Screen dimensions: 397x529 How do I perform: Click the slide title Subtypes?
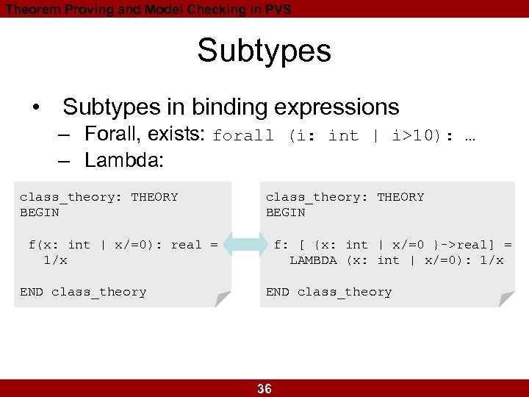tap(264, 51)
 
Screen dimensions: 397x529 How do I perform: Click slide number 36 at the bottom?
tap(264, 389)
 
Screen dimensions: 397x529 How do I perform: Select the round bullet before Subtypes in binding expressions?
tap(36, 107)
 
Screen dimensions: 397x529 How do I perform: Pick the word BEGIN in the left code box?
tap(40, 212)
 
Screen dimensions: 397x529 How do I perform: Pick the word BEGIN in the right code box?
tap(285, 212)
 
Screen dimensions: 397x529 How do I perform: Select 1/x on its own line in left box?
tap(55, 260)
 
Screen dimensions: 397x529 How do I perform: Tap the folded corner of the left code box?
tap(223, 298)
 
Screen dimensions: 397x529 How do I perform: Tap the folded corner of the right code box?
tap(506, 298)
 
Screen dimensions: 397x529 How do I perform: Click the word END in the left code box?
tap(32, 292)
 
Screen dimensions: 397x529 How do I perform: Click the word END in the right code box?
tap(278, 292)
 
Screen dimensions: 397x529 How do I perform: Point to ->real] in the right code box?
tap(470, 245)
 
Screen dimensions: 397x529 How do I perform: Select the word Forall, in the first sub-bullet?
tap(109, 135)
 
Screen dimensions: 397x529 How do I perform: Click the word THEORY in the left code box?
tap(154, 197)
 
